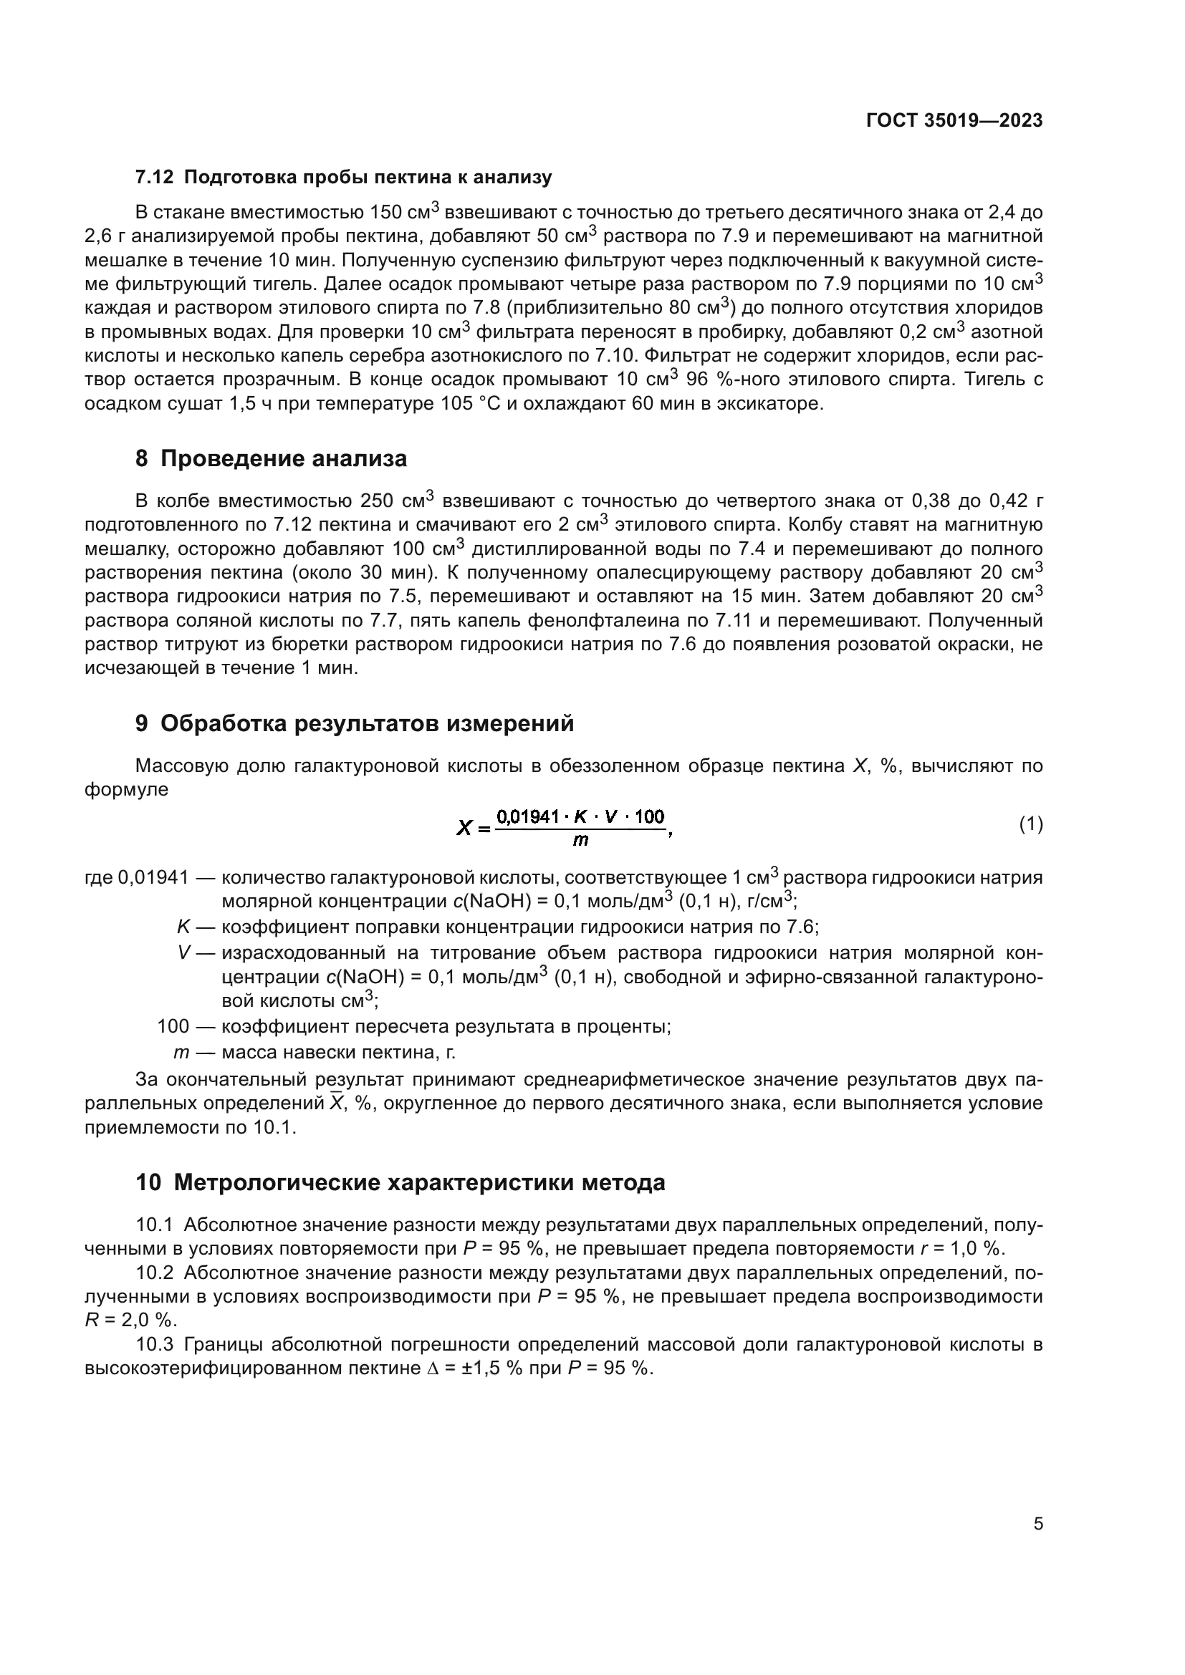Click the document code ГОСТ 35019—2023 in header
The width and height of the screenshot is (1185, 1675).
[x=954, y=121]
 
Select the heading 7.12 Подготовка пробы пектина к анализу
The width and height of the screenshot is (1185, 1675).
[x=343, y=178]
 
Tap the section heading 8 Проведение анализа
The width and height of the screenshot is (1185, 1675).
[x=271, y=459]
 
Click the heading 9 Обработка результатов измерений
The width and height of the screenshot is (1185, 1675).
[x=355, y=724]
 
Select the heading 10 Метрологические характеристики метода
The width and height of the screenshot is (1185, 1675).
[x=400, y=1182]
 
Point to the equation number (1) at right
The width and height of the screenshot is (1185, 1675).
[x=1030, y=824]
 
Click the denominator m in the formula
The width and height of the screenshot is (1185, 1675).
[x=580, y=841]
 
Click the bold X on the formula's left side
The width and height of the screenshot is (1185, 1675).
[x=464, y=828]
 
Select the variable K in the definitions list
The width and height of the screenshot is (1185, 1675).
[x=184, y=927]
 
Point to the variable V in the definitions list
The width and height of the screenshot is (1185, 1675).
[x=184, y=953]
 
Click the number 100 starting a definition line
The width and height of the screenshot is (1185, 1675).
[x=173, y=1026]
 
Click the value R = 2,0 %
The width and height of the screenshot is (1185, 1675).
[x=131, y=1321]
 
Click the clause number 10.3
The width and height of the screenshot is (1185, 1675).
[x=155, y=1345]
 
